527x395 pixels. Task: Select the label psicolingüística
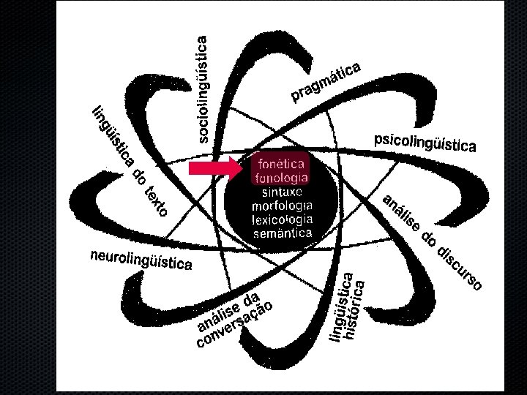425,142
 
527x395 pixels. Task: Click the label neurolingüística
141,260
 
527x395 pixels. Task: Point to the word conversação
238,324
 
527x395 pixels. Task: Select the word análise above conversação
219,312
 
